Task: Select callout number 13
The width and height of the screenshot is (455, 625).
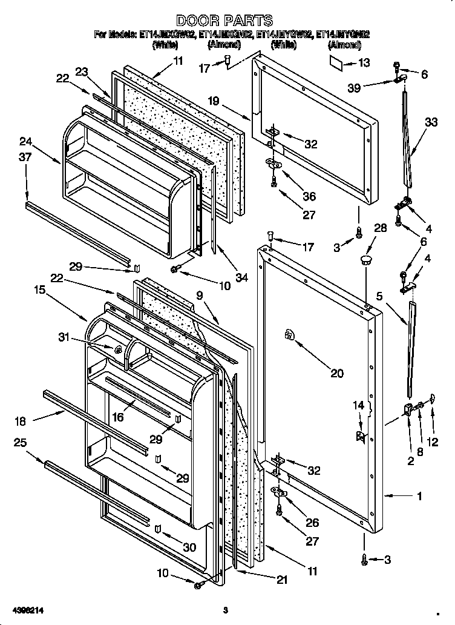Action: click(x=363, y=62)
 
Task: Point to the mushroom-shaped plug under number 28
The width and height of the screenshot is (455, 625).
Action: click(x=365, y=261)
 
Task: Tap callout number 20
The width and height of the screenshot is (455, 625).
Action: click(x=336, y=373)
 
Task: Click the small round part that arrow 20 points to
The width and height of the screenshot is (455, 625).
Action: click(x=289, y=336)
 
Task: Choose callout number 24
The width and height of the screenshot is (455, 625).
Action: click(x=25, y=142)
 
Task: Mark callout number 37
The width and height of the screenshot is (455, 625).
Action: click(x=25, y=159)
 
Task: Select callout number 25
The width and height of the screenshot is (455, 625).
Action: click(x=20, y=443)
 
